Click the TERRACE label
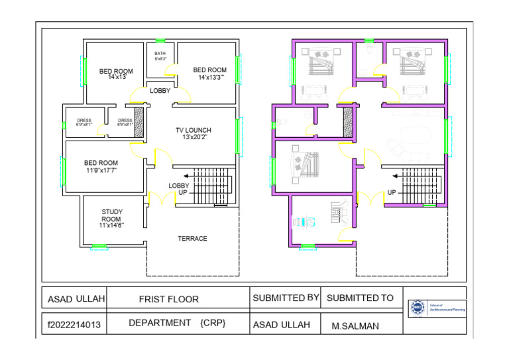pyautogui.click(x=192, y=239)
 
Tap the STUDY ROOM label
pyautogui.click(x=111, y=219)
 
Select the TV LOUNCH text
pyautogui.click(x=193, y=133)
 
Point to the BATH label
pyautogui.click(x=160, y=56)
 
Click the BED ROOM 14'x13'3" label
pyautogui.click(x=210, y=74)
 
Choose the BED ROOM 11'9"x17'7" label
pyautogui.click(x=101, y=166)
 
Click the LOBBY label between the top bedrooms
pyautogui.click(x=160, y=91)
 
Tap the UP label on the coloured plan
pyautogui.click(x=392, y=193)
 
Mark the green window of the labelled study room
pyautogui.click(x=99, y=247)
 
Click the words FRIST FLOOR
pyautogui.click(x=168, y=300)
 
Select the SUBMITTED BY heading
pyautogui.click(x=286, y=298)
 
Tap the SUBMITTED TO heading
pyautogui.click(x=360, y=298)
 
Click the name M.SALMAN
pyautogui.click(x=355, y=326)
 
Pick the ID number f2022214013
pyautogui.click(x=74, y=326)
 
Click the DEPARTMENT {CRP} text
pyautogui.click(x=177, y=323)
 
